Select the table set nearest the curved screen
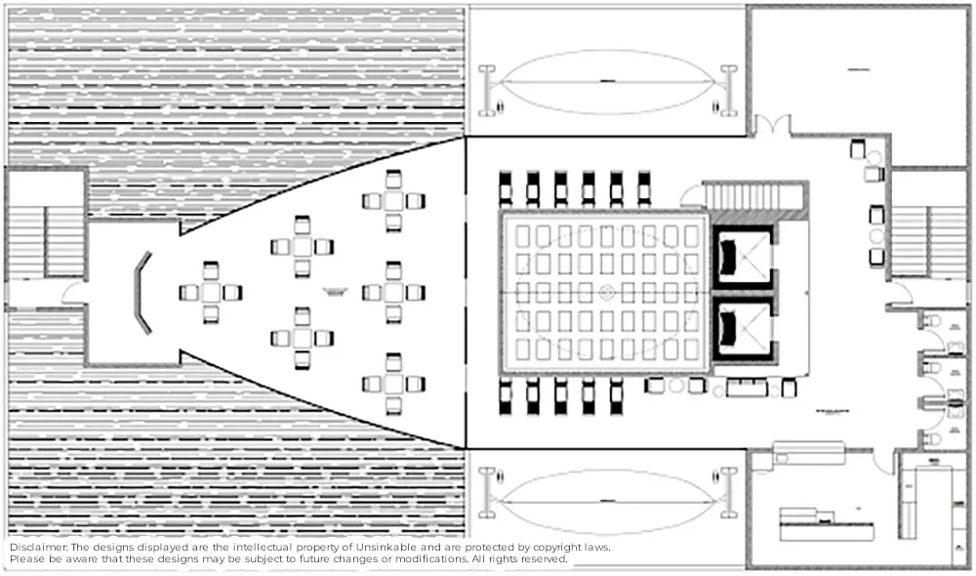pyautogui.click(x=211, y=292)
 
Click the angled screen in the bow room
pyautogui.click(x=142, y=292)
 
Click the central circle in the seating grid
pyautogui.click(x=606, y=292)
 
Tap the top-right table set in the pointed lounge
pyautogui.click(x=393, y=200)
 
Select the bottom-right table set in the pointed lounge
pyautogui.click(x=393, y=383)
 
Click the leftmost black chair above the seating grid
pyautogui.click(x=506, y=186)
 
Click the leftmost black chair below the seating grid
pyautogui.click(x=506, y=395)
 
